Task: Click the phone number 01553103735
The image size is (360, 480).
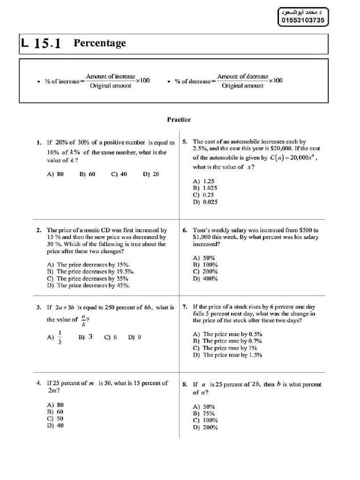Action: pos(303,21)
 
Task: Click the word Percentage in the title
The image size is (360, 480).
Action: pos(99,43)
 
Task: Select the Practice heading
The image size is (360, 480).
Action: pos(179,120)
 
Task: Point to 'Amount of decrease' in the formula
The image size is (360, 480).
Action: pos(242,76)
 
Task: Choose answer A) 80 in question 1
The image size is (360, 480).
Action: pos(55,174)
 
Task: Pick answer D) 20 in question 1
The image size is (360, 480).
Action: pos(151,174)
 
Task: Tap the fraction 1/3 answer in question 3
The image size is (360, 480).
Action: pos(60,337)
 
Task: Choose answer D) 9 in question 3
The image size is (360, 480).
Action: pos(135,337)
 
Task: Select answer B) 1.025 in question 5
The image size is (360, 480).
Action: pos(205,188)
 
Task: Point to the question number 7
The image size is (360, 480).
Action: pos(185,307)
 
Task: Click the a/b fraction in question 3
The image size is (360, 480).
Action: pos(82,320)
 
